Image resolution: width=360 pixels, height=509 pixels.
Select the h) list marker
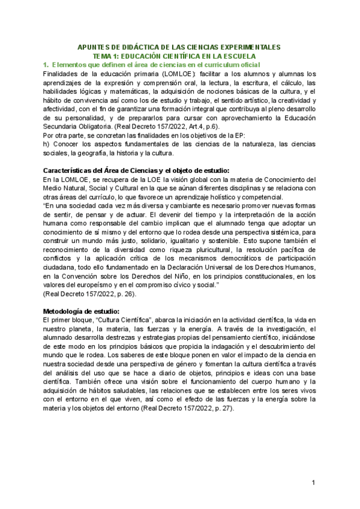click(47, 145)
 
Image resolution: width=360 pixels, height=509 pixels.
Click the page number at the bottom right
click(313, 484)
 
